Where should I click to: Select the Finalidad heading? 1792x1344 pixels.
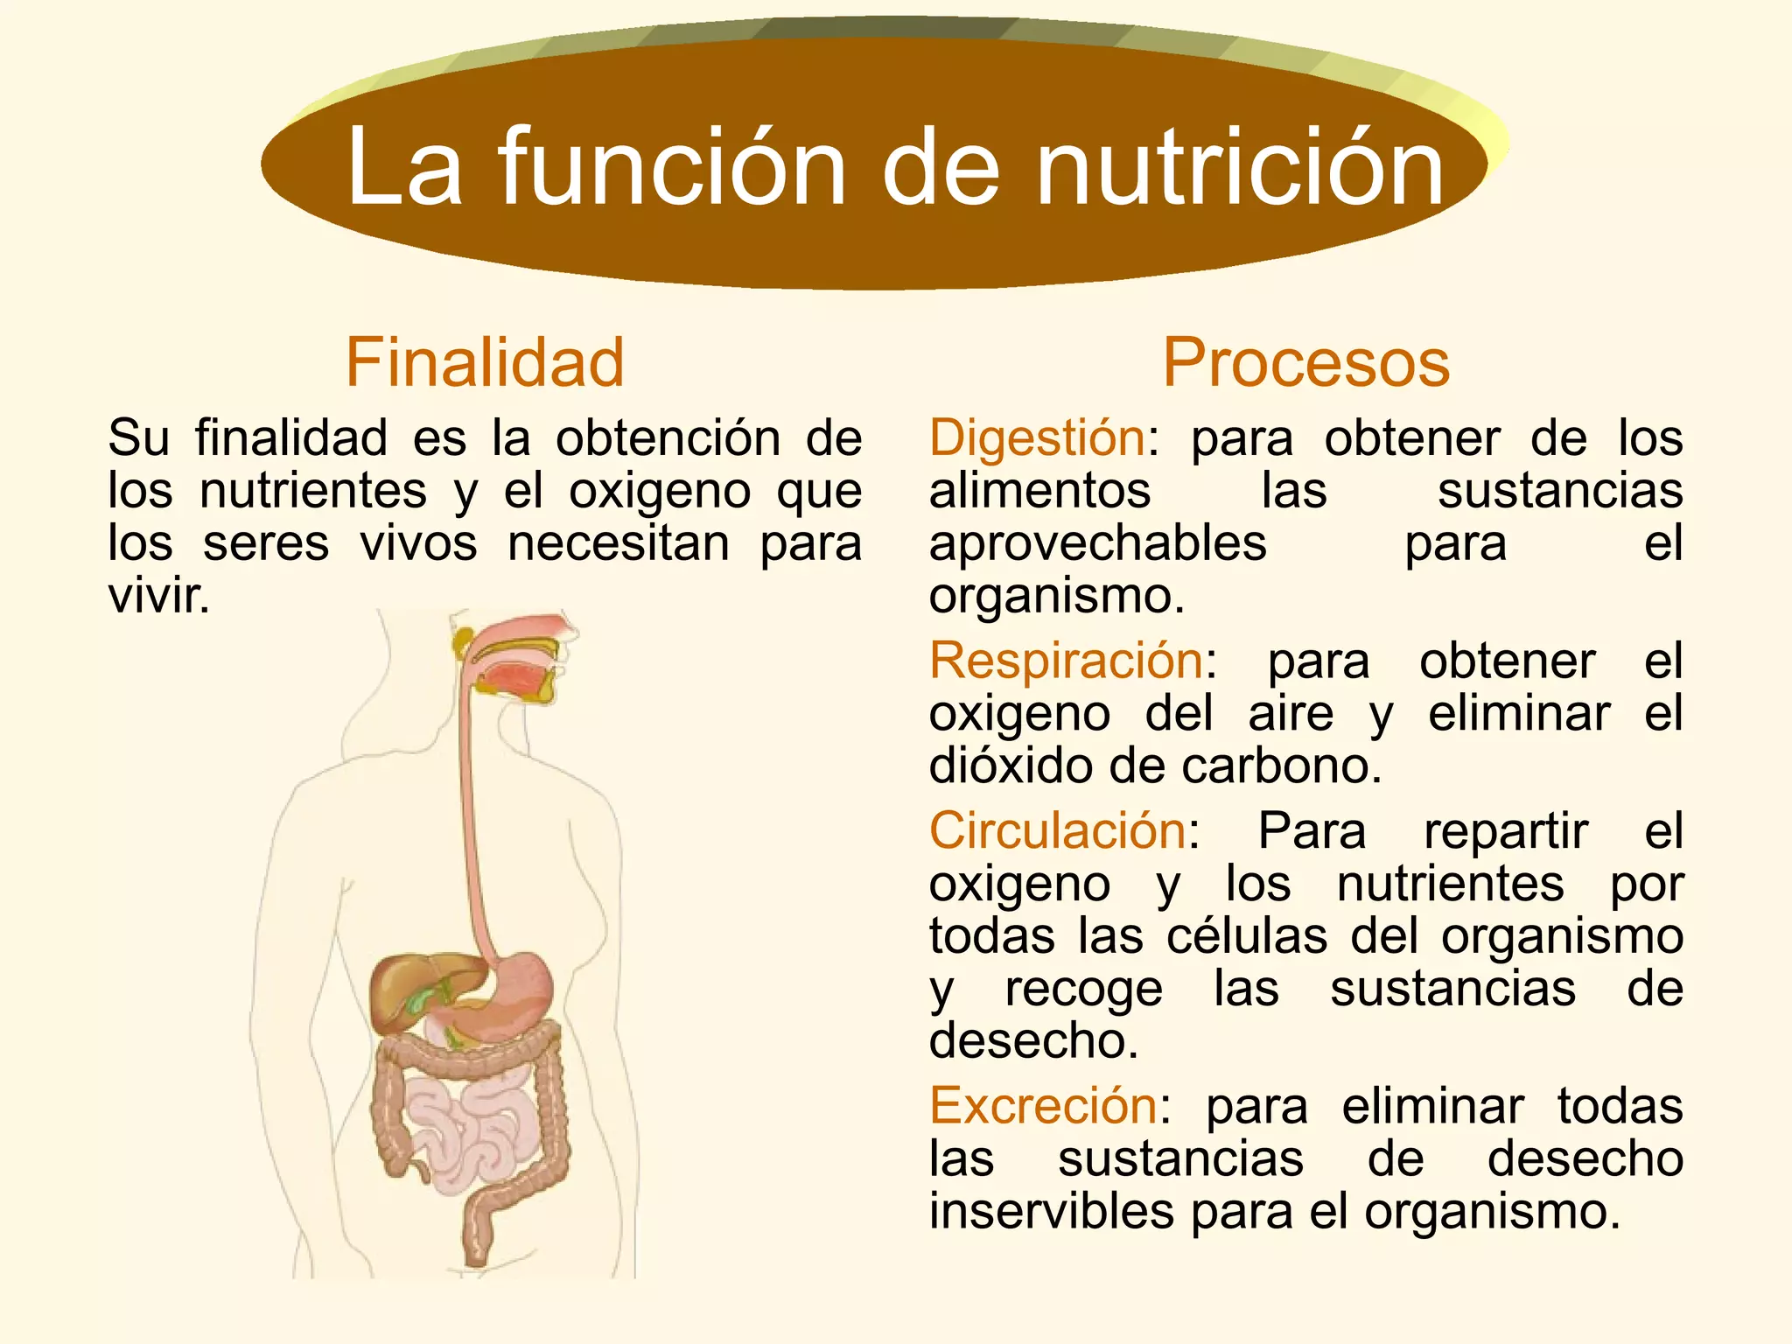(485, 362)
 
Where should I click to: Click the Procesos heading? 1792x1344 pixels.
(1305, 362)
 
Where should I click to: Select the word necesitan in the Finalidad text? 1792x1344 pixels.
(619, 543)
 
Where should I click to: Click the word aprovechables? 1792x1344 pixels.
(1097, 543)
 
